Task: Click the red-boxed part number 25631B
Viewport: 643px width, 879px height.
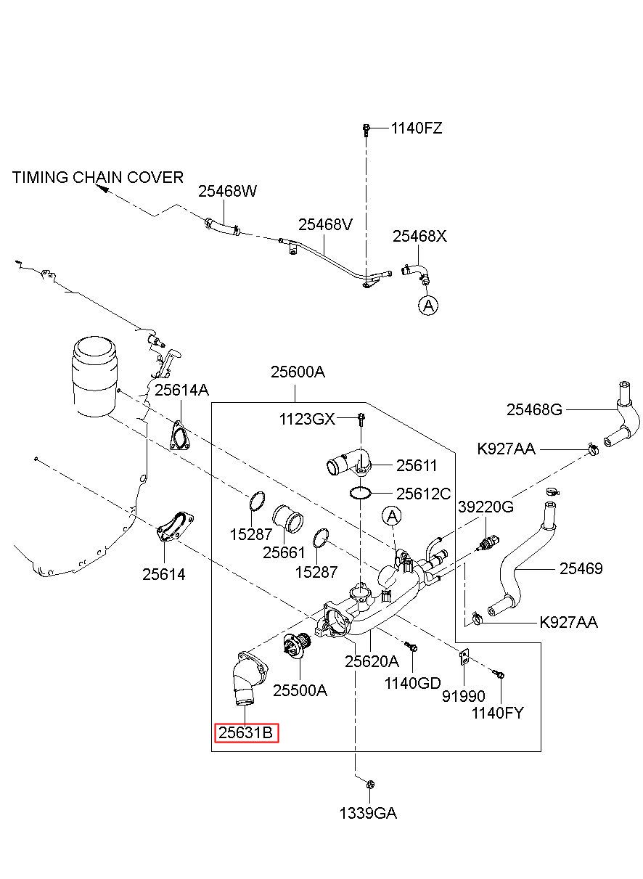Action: coord(245,732)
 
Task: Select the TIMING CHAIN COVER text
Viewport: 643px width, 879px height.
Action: coord(98,177)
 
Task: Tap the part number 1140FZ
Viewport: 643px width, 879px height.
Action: coord(417,128)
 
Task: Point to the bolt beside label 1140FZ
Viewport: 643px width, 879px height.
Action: coord(366,130)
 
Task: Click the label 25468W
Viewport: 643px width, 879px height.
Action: coord(227,191)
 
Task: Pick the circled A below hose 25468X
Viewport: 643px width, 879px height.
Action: coord(428,306)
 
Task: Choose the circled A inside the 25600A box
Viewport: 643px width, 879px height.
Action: coord(391,516)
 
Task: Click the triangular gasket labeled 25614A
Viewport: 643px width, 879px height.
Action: coord(180,436)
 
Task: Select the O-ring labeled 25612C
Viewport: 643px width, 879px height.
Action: coord(360,494)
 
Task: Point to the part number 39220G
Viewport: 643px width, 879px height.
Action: coord(486,507)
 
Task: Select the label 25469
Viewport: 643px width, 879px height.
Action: coord(581,568)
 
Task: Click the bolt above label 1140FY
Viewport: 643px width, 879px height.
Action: coord(500,675)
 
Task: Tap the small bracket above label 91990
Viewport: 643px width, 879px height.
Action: coord(464,658)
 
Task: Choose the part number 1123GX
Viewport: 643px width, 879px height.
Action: coord(307,420)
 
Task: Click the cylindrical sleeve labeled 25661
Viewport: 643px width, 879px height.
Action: coord(288,520)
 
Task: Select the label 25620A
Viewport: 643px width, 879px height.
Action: coord(372,661)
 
